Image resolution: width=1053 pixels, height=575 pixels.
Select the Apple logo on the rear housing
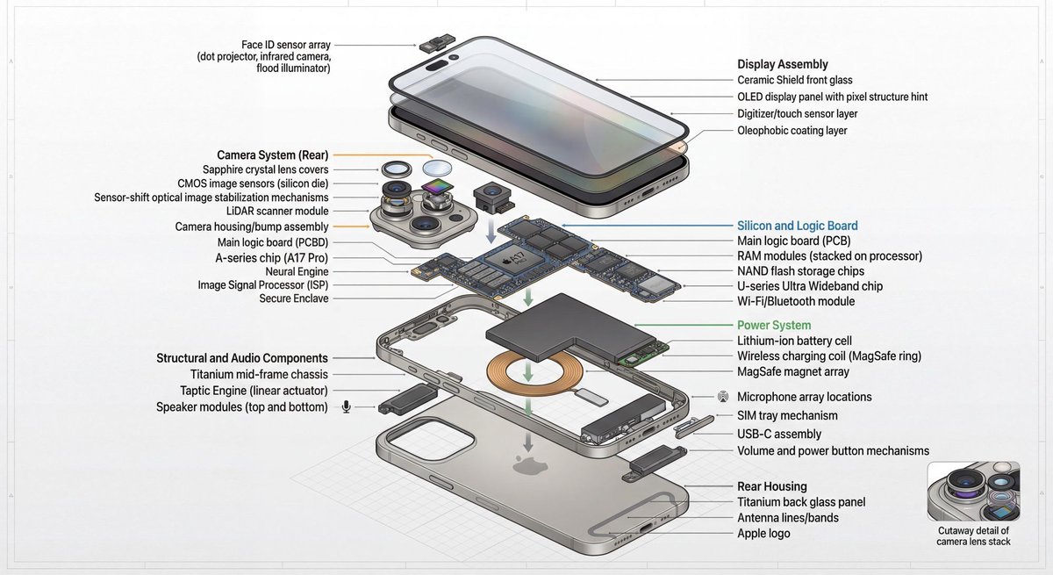click(526, 464)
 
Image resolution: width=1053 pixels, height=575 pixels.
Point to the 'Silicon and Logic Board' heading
click(797, 226)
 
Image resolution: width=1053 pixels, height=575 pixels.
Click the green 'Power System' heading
click(773, 325)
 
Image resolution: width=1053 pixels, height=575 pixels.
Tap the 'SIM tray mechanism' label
click(787, 415)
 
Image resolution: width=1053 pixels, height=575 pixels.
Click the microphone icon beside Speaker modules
click(347, 406)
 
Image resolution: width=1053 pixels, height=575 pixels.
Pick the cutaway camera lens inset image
click(973, 492)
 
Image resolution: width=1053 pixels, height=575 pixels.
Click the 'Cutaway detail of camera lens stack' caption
click(974, 535)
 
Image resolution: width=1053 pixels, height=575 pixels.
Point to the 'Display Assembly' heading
click(782, 64)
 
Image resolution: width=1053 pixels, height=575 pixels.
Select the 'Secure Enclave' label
click(293, 299)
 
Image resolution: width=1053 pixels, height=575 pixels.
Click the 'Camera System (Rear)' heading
click(272, 155)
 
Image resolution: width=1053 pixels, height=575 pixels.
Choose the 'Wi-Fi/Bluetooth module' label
click(795, 301)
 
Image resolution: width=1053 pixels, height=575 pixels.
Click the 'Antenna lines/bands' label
click(787, 518)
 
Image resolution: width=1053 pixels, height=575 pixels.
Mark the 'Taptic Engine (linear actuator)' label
click(254, 390)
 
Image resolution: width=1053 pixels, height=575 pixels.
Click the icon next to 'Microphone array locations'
click(722, 397)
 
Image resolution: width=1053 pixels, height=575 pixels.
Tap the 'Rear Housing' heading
click(771, 486)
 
